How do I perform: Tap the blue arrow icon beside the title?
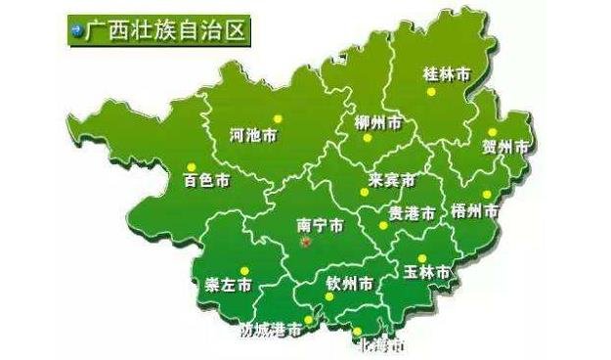point(74,29)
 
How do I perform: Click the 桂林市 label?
point(446,74)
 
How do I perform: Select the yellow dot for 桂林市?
point(431,93)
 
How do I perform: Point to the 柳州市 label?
point(377,124)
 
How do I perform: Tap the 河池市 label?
point(251,135)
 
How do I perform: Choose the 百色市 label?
point(206,182)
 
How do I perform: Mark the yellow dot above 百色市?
point(192,165)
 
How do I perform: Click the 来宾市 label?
point(391,182)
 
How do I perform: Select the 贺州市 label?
point(505,148)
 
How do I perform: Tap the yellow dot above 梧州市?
point(486,194)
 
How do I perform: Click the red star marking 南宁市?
point(304,241)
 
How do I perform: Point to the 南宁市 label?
point(320,225)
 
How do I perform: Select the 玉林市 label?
point(427,272)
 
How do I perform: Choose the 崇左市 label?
point(228,286)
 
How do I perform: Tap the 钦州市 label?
point(349,285)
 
